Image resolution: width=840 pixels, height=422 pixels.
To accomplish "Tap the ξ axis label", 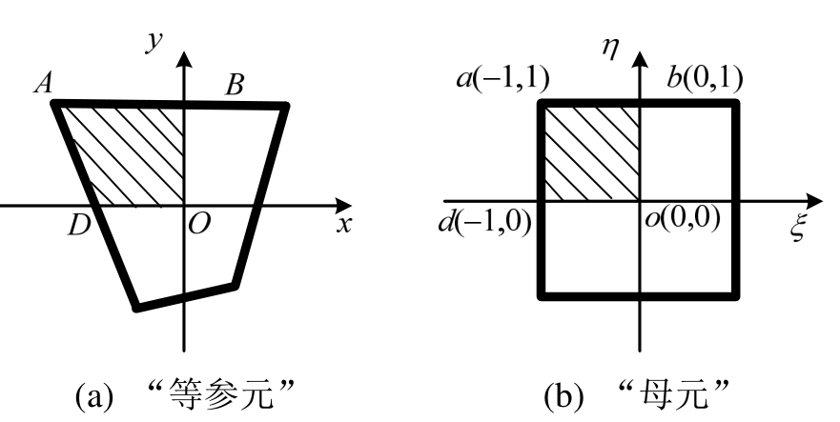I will pos(799,229).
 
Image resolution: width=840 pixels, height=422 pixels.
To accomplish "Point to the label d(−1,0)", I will pos(483,227).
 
